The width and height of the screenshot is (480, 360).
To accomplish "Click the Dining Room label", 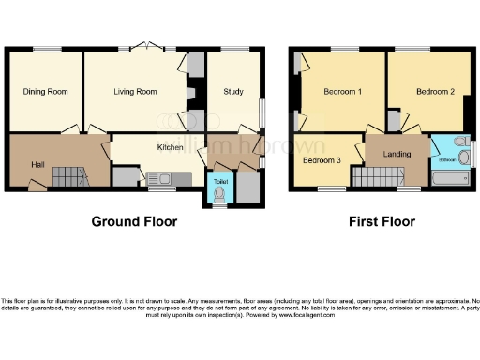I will pyautogui.click(x=46, y=92).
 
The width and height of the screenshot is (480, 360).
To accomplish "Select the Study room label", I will pyautogui.click(x=233, y=92).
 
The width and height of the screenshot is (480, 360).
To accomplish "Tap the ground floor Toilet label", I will pyautogui.click(x=220, y=181).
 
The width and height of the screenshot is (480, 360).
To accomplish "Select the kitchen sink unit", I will pyautogui.click(x=160, y=178).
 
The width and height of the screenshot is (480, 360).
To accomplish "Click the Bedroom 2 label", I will pyautogui.click(x=435, y=92).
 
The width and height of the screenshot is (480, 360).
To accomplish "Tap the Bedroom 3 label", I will pyautogui.click(x=322, y=159).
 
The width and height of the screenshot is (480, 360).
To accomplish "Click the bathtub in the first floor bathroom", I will pyautogui.click(x=452, y=177).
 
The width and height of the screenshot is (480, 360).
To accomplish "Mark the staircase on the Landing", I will pyautogui.click(x=375, y=176).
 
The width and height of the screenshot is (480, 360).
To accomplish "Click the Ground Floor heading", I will pyautogui.click(x=134, y=222).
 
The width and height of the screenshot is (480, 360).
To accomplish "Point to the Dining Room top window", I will pyautogui.click(x=46, y=50).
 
